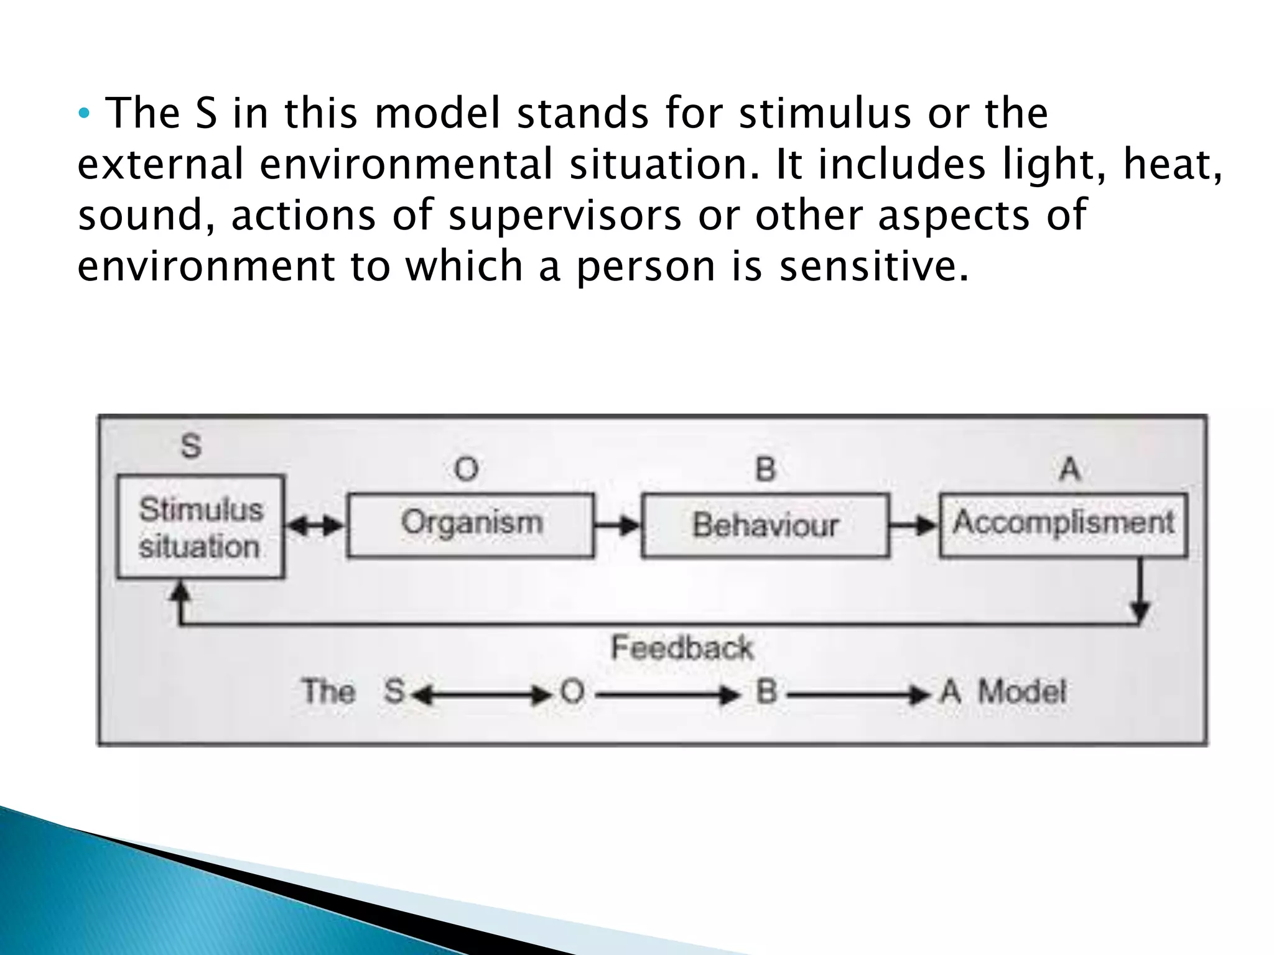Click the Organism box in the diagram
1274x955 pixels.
(x=470, y=525)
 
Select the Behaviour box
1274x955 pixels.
(x=765, y=525)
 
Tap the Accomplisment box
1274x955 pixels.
(x=1063, y=524)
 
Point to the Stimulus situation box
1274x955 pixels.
(x=201, y=527)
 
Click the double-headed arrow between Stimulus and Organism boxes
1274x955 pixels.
(x=316, y=526)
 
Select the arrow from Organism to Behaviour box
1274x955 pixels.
(x=618, y=526)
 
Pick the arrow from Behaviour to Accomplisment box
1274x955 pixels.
(x=914, y=526)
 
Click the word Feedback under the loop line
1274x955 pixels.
(x=682, y=648)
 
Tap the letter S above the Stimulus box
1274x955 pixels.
(x=191, y=446)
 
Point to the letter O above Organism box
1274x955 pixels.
(x=467, y=469)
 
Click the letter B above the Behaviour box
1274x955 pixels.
(x=765, y=469)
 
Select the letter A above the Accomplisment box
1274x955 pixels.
(x=1069, y=469)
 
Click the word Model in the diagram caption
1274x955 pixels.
(x=1022, y=692)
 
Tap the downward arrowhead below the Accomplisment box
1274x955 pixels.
(x=1140, y=611)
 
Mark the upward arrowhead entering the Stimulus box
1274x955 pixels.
(x=180, y=591)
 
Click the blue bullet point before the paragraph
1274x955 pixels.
(x=85, y=114)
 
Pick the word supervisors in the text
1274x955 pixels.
(x=565, y=215)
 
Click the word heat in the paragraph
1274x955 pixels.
(x=1167, y=164)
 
